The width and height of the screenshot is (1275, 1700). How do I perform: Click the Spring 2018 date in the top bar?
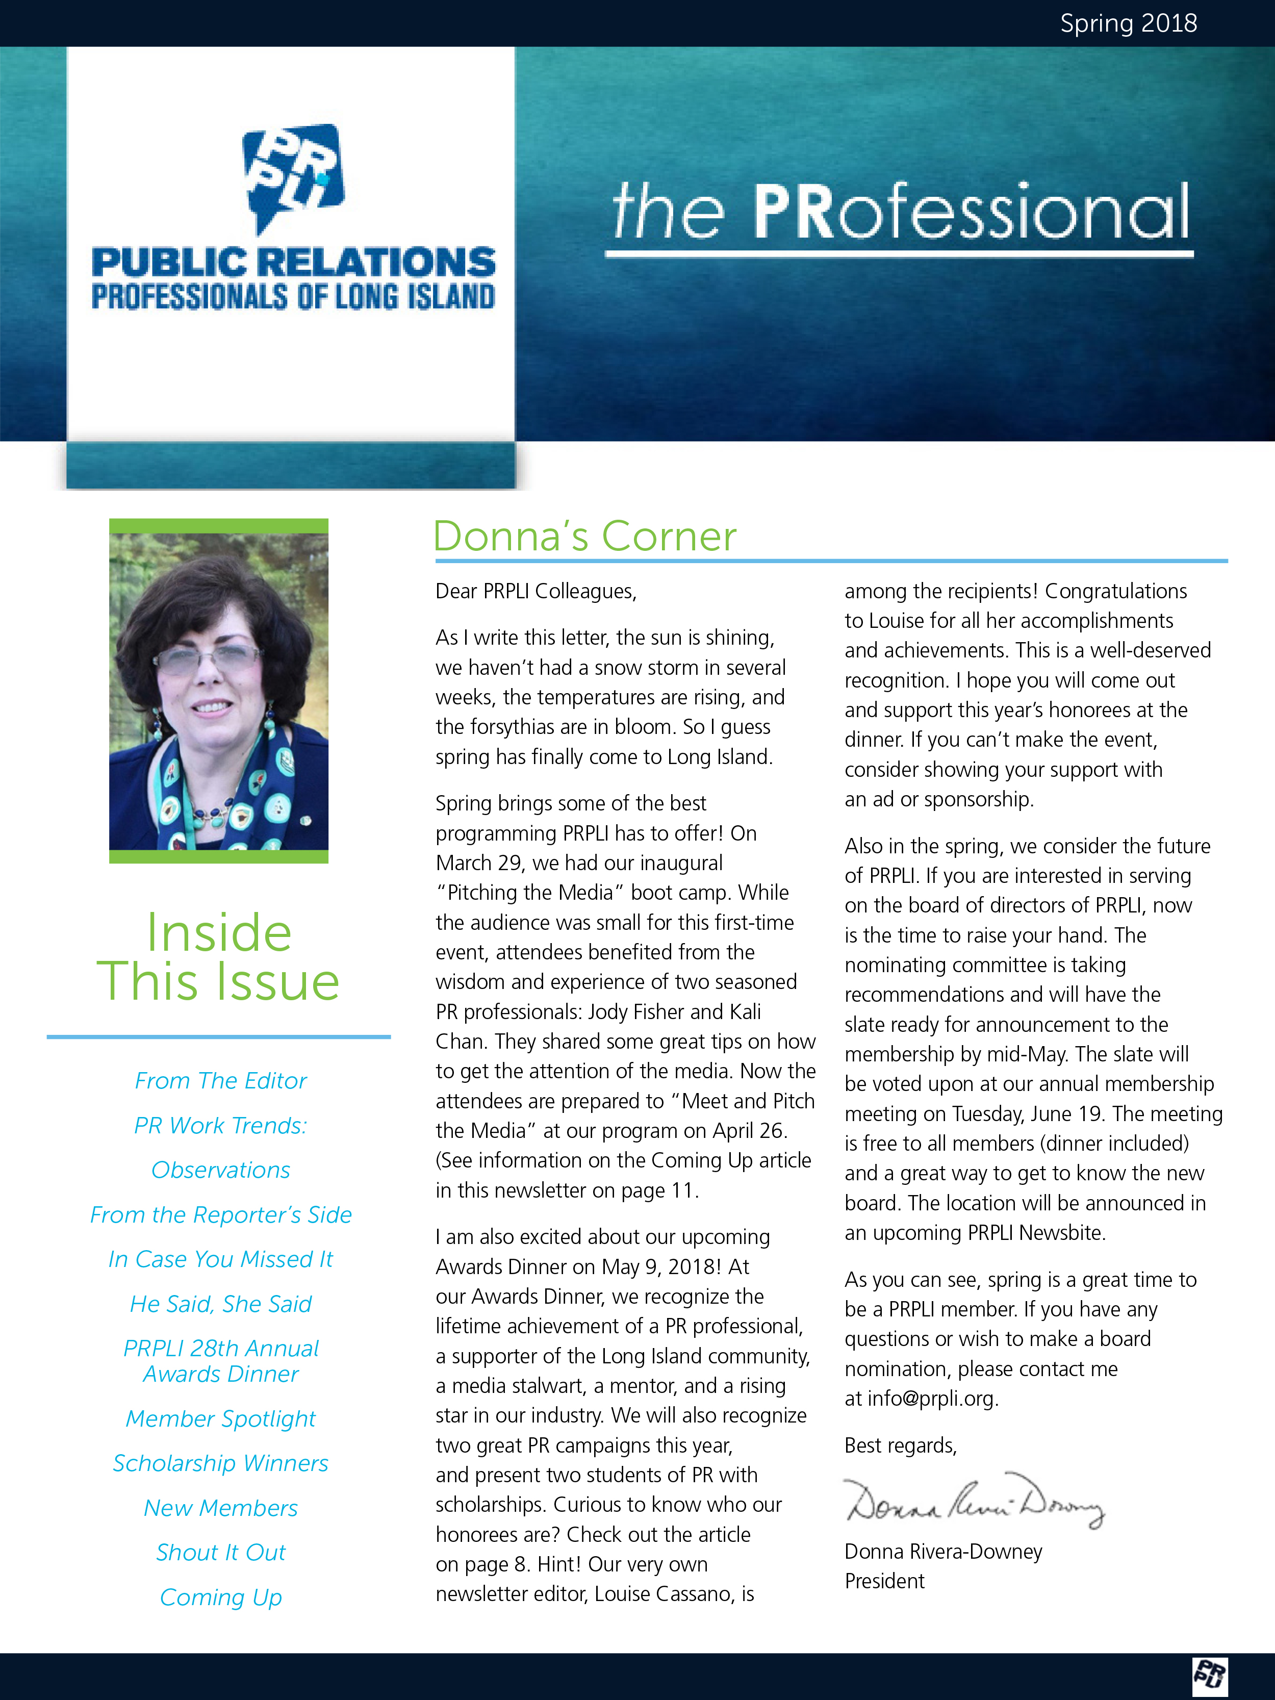pyautogui.click(x=1128, y=23)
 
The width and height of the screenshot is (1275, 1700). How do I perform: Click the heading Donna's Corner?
pyautogui.click(x=584, y=537)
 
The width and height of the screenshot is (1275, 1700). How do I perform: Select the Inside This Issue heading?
pyautogui.click(x=218, y=957)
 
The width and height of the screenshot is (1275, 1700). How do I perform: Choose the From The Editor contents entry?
pyautogui.click(x=220, y=1081)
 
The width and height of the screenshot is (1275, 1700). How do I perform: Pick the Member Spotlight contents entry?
pyautogui.click(x=220, y=1419)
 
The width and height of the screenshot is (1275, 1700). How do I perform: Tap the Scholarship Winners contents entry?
pyautogui.click(x=220, y=1463)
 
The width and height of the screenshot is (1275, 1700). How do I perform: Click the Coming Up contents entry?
pyautogui.click(x=220, y=1597)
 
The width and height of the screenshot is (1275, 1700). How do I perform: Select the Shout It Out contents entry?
pyautogui.click(x=220, y=1553)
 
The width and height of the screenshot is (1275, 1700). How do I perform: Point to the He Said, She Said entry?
pyautogui.click(x=220, y=1304)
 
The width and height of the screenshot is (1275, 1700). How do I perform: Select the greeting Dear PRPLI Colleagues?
pyautogui.click(x=535, y=591)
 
